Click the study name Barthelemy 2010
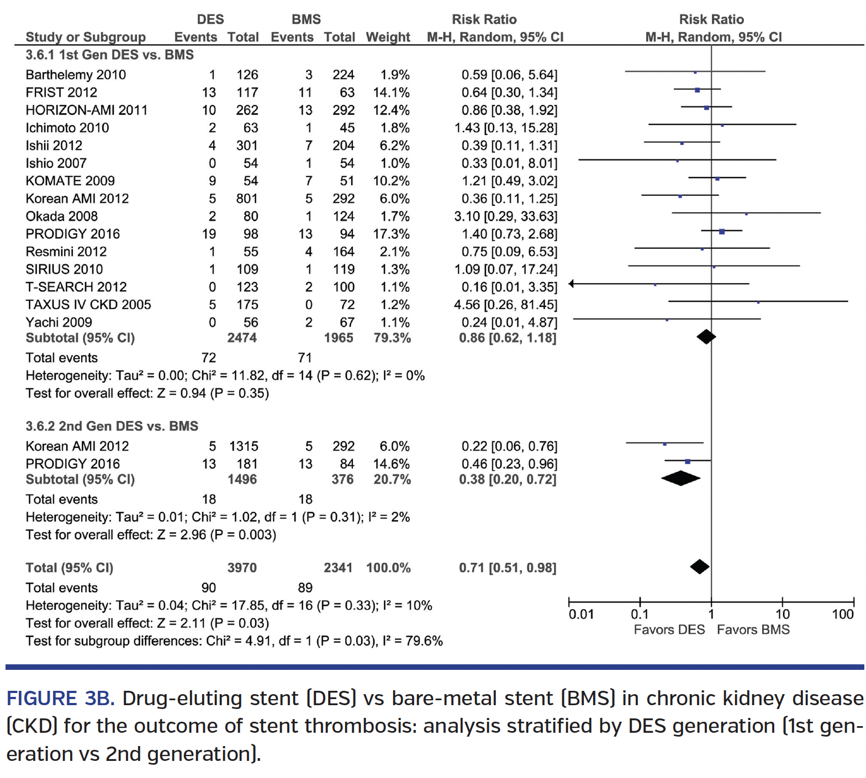[x=76, y=74]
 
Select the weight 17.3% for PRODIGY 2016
[x=391, y=234]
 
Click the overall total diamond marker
[x=699, y=567]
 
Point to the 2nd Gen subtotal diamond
[x=680, y=478]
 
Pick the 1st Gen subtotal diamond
[x=706, y=337]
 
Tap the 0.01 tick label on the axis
[x=581, y=615]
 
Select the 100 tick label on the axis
[x=842, y=615]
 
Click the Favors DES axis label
[x=669, y=630]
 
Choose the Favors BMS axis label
[x=753, y=630]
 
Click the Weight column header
[x=388, y=37]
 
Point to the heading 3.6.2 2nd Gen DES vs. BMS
[x=112, y=426]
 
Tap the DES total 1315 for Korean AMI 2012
[x=244, y=446]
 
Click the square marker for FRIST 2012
[x=697, y=90]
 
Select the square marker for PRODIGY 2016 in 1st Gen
[x=721, y=232]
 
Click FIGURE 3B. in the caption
[x=60, y=699]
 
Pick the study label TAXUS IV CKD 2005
[x=88, y=305]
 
